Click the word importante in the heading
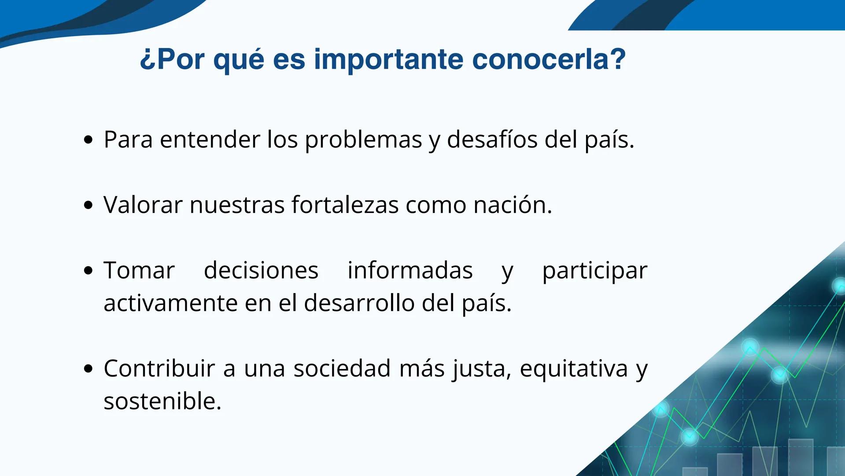(388, 59)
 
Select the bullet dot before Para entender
(89, 140)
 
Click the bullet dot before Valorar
(89, 205)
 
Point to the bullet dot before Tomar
(89, 271)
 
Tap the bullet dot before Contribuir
(89, 368)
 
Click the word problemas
(363, 140)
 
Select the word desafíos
(492, 140)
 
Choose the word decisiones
(261, 271)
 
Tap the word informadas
(410, 271)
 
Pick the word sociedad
(342, 368)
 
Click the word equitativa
(573, 369)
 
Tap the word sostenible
(162, 401)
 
